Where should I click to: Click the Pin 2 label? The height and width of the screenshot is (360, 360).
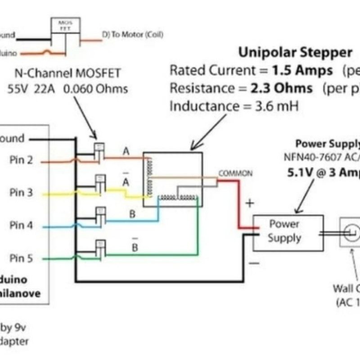point(21,160)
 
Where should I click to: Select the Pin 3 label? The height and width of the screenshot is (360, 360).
point(21,193)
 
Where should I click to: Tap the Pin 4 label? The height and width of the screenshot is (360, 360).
point(21,225)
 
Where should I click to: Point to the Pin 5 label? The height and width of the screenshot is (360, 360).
point(21,258)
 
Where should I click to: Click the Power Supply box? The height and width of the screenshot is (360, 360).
point(288,232)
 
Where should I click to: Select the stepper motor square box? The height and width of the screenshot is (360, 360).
point(173,179)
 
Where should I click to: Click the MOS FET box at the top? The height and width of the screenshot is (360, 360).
point(66,26)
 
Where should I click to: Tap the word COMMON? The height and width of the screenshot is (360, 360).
point(235,173)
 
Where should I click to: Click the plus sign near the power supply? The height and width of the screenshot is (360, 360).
point(250,203)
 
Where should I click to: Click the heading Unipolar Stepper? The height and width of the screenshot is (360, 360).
point(295,53)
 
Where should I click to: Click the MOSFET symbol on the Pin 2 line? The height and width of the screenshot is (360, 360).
point(99,151)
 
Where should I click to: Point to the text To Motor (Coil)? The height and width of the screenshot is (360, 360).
point(133,35)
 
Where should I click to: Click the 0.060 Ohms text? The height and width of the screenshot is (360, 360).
point(96,89)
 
